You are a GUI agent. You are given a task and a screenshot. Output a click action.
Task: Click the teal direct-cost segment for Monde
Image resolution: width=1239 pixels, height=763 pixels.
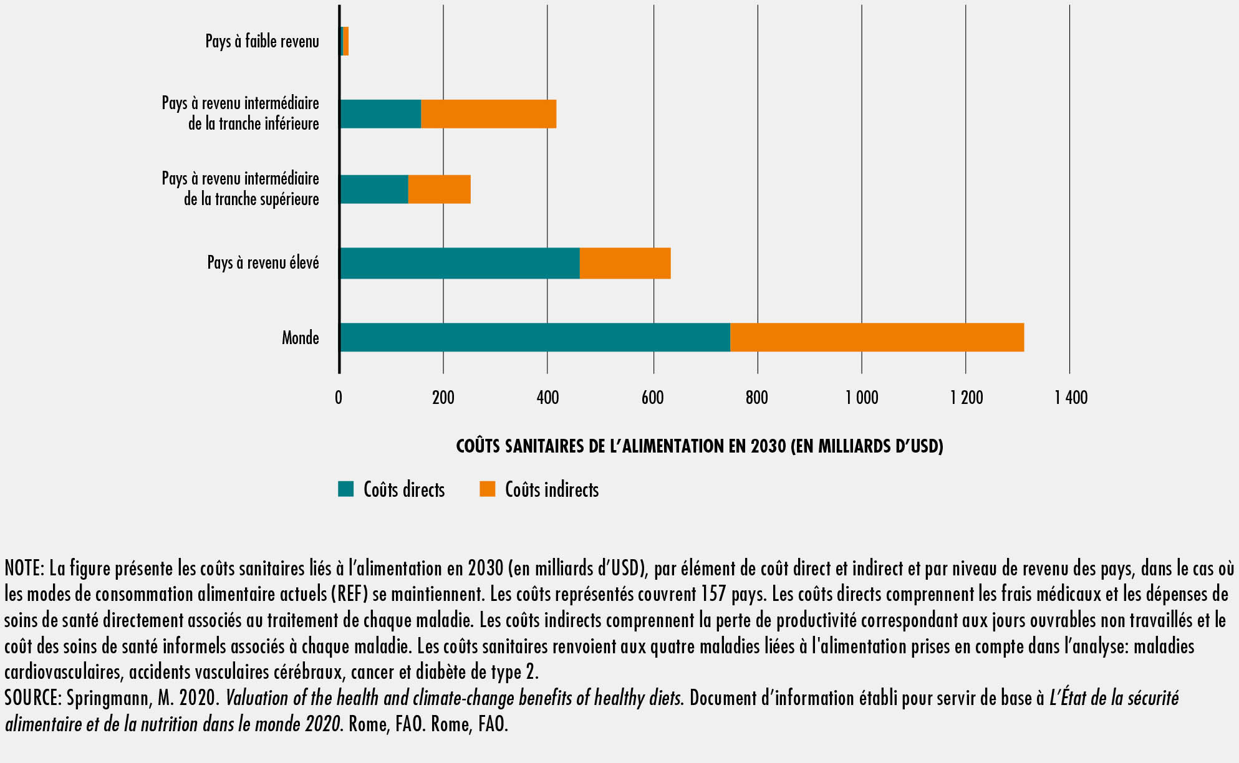(x=535, y=337)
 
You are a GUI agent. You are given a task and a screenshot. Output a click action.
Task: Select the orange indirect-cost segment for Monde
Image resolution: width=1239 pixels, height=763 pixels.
(x=876, y=337)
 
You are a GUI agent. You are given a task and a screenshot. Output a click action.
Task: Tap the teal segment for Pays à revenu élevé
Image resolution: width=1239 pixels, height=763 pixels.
(x=460, y=263)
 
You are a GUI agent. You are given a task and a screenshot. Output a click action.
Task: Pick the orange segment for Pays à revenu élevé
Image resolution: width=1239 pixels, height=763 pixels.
(x=625, y=263)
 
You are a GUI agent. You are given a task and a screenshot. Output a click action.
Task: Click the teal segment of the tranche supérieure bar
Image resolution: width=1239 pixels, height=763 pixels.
(x=374, y=189)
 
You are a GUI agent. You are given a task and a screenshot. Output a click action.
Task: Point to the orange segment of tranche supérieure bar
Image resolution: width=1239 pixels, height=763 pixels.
(x=439, y=189)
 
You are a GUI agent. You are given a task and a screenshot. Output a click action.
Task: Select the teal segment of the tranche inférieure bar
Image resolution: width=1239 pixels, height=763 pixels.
(x=380, y=113)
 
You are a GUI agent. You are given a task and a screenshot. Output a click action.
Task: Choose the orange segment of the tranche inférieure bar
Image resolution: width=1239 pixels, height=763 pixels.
(x=488, y=113)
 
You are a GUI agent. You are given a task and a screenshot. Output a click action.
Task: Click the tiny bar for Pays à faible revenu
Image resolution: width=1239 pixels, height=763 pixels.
(x=345, y=41)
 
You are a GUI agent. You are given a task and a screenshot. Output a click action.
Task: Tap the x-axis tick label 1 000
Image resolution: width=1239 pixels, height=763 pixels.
(x=862, y=397)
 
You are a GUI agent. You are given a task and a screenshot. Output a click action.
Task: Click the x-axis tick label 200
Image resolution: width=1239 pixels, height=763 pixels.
(x=443, y=397)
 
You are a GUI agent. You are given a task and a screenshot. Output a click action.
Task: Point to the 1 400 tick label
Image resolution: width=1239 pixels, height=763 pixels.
(x=1071, y=397)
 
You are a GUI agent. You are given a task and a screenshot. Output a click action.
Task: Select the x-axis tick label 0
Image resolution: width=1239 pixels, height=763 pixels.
(x=339, y=397)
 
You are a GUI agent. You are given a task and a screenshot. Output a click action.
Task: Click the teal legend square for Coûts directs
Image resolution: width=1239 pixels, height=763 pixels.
(x=345, y=489)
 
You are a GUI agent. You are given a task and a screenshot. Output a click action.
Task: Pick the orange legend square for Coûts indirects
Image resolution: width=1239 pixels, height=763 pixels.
(x=487, y=489)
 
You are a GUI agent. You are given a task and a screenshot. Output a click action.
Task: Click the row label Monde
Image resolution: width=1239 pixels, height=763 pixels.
(x=300, y=338)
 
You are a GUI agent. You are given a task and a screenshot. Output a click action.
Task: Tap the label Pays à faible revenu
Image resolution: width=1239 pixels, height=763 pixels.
(x=262, y=41)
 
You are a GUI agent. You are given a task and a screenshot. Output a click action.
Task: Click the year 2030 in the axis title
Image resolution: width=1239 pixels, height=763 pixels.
(x=768, y=446)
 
